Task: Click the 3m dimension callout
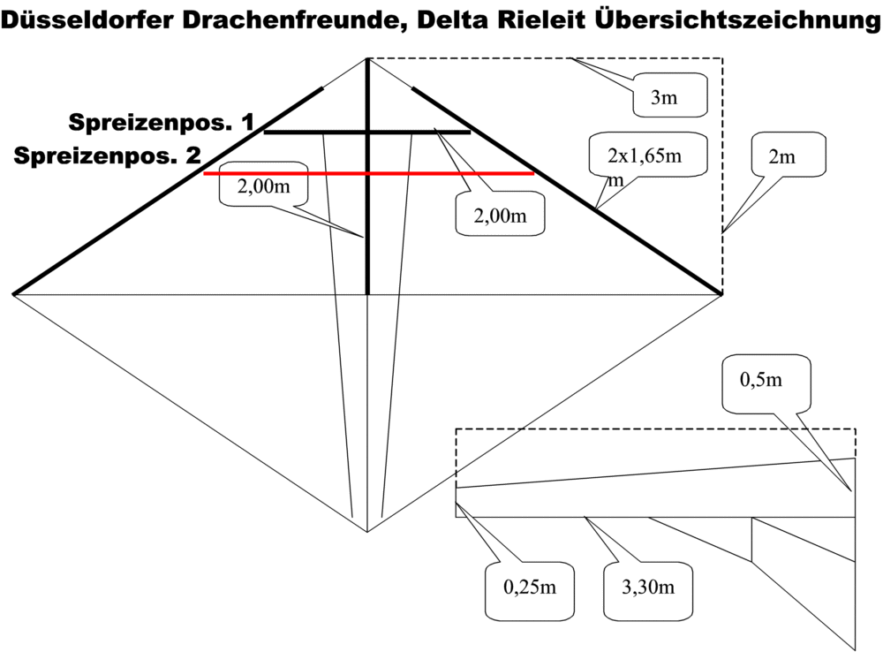coord(664,97)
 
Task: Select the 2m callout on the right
coord(781,157)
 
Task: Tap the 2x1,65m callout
coord(645,158)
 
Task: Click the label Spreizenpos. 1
coord(162,123)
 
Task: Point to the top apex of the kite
coord(367,59)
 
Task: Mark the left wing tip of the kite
coord(14,293)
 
